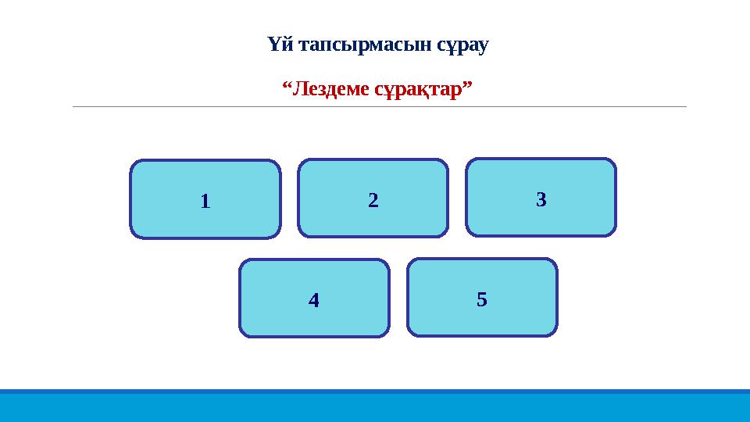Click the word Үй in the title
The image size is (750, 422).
coord(277,45)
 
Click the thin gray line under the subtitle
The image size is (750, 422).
coord(379,106)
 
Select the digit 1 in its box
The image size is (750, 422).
coord(205,202)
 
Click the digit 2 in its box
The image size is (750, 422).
coord(373,201)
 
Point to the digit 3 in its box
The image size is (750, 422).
coord(541,200)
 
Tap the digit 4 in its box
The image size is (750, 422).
coord(313,300)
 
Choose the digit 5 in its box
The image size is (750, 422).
coord(482,299)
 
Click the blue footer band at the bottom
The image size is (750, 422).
coord(375,406)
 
